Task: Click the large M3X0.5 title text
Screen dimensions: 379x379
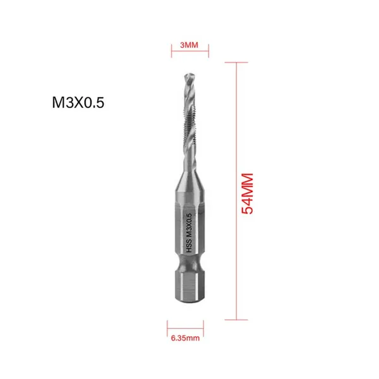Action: click(x=78, y=102)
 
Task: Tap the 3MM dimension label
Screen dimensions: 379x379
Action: click(x=189, y=45)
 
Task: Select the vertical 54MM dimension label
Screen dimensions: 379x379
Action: click(x=247, y=194)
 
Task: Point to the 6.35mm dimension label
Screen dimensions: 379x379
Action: click(x=185, y=338)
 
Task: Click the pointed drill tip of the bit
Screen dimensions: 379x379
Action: click(x=189, y=75)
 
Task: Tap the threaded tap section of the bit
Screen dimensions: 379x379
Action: click(x=190, y=121)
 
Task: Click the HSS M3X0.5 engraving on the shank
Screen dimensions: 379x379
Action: click(x=189, y=233)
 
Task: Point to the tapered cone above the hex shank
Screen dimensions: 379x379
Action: click(x=189, y=180)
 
